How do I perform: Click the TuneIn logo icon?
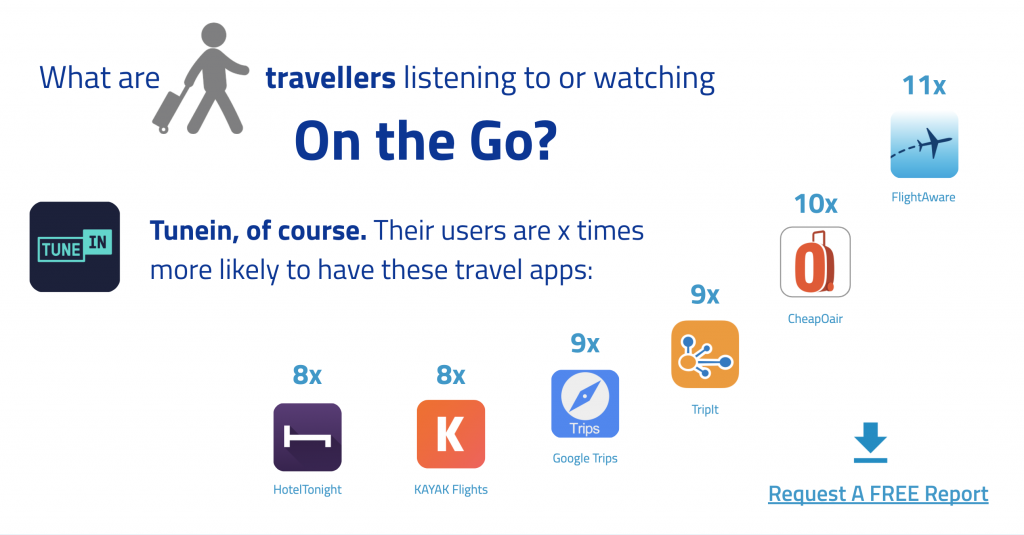[x=74, y=247]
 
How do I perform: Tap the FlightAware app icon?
[x=924, y=144]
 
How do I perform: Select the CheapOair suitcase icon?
[x=815, y=262]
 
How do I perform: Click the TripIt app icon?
[x=705, y=354]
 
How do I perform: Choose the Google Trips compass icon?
[x=584, y=404]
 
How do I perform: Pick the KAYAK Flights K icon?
[x=451, y=434]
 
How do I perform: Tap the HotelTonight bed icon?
[x=307, y=437]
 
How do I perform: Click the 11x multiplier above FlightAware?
[x=924, y=85]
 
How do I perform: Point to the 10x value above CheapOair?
[x=815, y=204]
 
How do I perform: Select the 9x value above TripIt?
[x=705, y=295]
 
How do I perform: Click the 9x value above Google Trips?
[x=584, y=343]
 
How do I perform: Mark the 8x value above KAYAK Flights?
[x=451, y=375]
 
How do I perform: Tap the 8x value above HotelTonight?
[x=307, y=375]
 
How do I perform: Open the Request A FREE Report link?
[x=878, y=494]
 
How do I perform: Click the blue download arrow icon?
[x=871, y=442]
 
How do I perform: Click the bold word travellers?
[x=330, y=78]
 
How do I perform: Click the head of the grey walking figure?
[x=214, y=35]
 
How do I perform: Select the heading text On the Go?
[x=426, y=141]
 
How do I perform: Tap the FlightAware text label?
[x=923, y=197]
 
